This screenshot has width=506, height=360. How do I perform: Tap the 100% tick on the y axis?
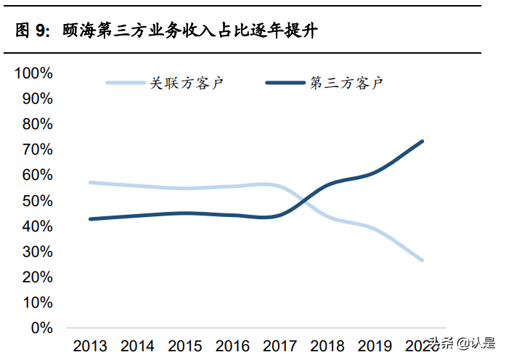pos(34,73)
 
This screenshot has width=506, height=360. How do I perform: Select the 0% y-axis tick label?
pos(41,328)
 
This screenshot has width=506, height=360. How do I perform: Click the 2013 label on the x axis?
pos(90,345)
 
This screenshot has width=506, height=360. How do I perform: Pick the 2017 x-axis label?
pos(280,345)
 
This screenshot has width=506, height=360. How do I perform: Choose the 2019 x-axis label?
pos(375,345)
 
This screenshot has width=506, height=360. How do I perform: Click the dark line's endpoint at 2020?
pos(423,142)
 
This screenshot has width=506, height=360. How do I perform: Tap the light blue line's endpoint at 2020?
pos(423,260)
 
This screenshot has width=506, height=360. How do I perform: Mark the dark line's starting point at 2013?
pos(90,218)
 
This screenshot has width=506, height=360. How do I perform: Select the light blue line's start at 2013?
pos(90,182)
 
